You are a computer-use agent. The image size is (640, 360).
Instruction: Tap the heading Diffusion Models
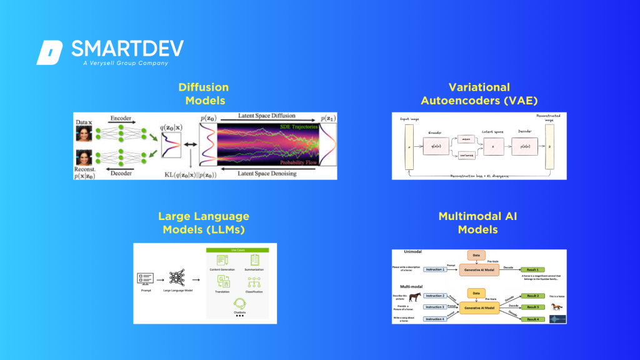coord(204,94)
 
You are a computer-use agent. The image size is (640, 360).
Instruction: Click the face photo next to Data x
coord(84,133)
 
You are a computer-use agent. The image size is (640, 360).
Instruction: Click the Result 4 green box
coord(531,319)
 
